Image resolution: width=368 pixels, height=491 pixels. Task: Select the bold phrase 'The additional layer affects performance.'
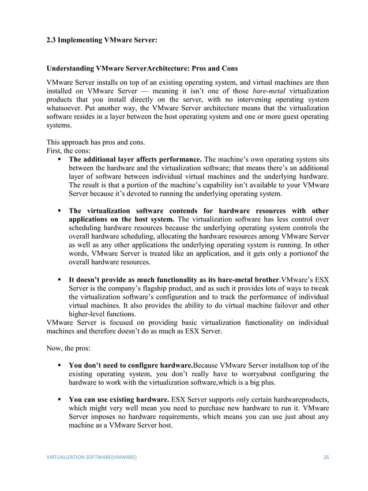[135, 159]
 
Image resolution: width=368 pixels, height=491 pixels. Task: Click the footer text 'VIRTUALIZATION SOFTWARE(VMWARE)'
[91, 456]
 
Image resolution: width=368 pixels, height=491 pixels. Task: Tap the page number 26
[326, 456]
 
